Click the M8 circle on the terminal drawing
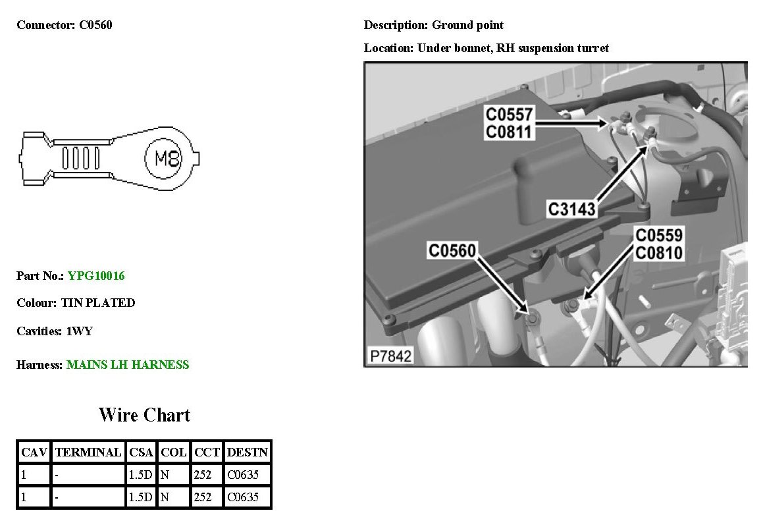click(167, 158)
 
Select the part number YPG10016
click(96, 276)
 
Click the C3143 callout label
click(572, 209)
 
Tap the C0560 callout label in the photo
click(452, 251)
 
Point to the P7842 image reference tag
click(390, 356)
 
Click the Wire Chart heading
click(144, 415)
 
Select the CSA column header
click(141, 452)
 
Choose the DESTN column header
click(247, 452)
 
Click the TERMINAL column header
click(88, 452)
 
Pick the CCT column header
click(207, 452)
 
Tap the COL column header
click(174, 452)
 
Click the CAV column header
click(34, 452)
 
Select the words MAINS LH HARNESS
click(128, 365)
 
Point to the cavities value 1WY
click(80, 331)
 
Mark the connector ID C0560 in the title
click(96, 26)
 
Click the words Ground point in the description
click(467, 26)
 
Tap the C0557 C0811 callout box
click(509, 123)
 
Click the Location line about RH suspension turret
click(486, 48)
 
